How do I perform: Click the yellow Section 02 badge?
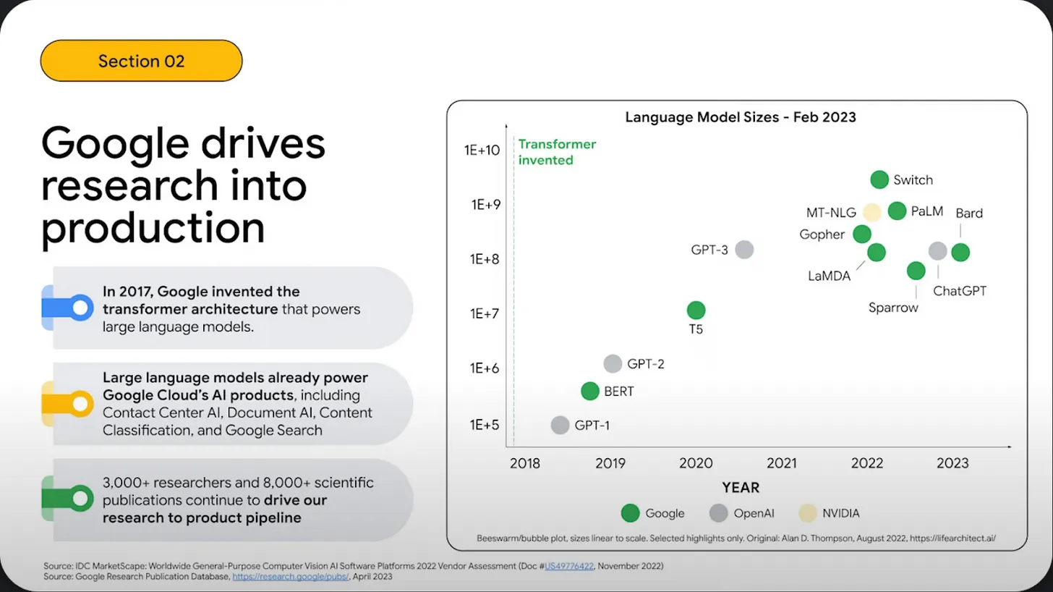141,61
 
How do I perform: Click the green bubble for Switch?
879,180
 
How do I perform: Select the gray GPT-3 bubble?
744,250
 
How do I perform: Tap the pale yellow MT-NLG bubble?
872,212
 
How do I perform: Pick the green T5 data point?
696,310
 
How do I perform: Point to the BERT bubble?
590,392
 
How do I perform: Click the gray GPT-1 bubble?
560,425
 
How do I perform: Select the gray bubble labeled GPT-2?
613,364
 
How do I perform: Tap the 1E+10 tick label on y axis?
482,150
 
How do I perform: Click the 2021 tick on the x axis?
781,463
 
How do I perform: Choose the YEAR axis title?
740,488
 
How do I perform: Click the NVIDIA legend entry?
830,513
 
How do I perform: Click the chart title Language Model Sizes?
740,117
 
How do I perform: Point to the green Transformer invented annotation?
557,152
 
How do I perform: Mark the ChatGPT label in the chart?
960,291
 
